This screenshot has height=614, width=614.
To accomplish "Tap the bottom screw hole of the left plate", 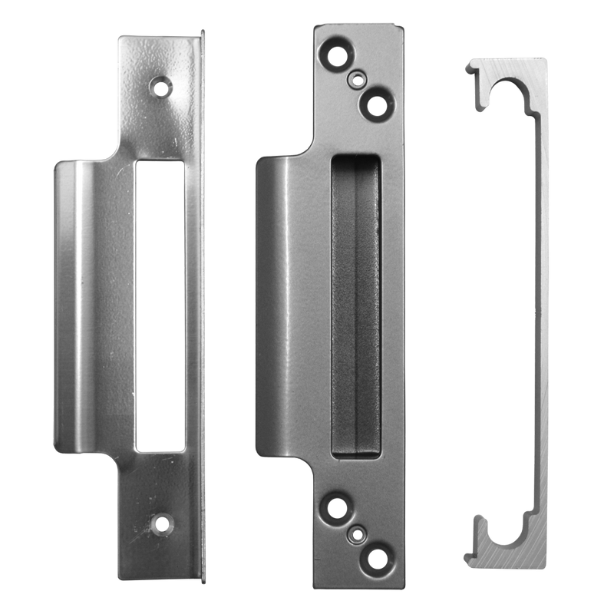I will click(162, 525).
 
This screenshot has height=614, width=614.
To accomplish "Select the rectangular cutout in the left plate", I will click(160, 305).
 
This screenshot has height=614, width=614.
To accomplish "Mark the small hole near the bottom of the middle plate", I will click(357, 532).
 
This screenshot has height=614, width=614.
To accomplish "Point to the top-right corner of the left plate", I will click(203, 32).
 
